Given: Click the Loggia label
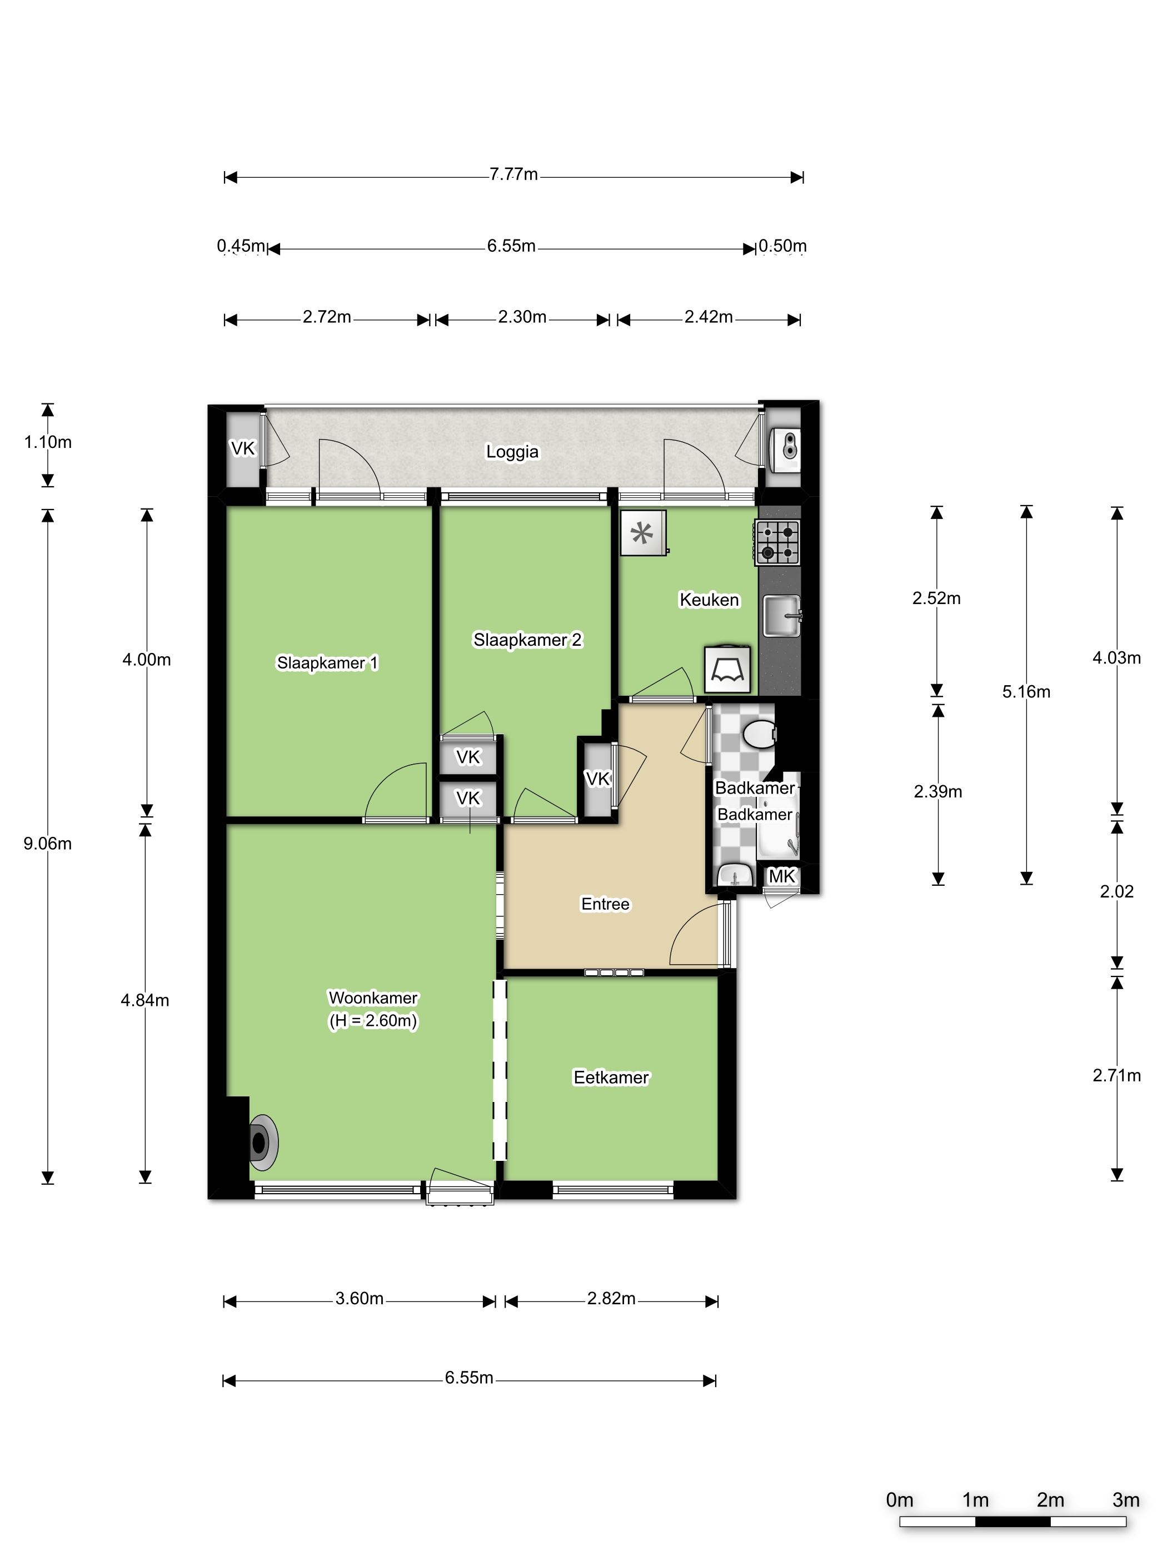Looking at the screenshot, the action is pos(512,452).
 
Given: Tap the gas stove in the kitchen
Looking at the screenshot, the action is pos(777,542).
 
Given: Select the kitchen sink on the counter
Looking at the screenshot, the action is pos(781,616).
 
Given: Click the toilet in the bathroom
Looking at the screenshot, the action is pos(759,734).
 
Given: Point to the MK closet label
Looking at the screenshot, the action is pos(781,876).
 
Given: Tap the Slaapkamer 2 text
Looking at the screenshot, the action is pos(527,640).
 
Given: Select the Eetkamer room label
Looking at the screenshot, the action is pos(611,1078).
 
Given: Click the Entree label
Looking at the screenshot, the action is pos(605,904).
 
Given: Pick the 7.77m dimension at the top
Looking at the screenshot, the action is pos(513,174).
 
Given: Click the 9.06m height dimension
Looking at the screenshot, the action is pos(48,844).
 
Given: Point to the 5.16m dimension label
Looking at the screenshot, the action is pos(1026,691).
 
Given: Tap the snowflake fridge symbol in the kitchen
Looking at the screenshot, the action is pos(643,532).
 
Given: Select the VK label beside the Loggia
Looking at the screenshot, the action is pos(243,448).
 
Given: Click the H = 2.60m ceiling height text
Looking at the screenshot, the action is pos(373,1021).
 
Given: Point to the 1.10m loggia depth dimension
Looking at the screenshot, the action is pos(48,442).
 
